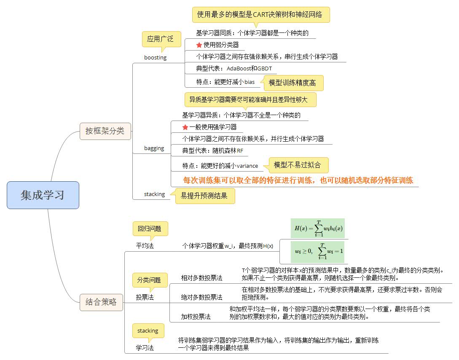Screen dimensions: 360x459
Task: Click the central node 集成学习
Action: pyautogui.click(x=43, y=195)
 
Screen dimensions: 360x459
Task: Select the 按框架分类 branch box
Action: pyautogui.click(x=105, y=131)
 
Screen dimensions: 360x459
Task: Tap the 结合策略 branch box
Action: pyautogui.click(x=101, y=302)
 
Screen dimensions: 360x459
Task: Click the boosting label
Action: pyautogui.click(x=155, y=58)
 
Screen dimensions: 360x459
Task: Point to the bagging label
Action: pyautogui.click(x=154, y=148)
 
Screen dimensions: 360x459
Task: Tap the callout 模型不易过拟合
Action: pyautogui.click(x=298, y=165)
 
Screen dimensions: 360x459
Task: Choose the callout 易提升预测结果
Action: pyautogui.click(x=204, y=196)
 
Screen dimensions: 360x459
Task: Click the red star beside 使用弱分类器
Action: pyautogui.click(x=199, y=45)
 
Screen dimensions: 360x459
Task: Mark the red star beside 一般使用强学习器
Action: pyautogui.click(x=185, y=127)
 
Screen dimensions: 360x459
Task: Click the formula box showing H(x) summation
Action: pyautogui.click(x=317, y=228)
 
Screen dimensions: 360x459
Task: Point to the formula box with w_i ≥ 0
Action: pyautogui.click(x=317, y=252)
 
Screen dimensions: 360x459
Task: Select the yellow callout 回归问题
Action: pyautogui.click(x=150, y=229)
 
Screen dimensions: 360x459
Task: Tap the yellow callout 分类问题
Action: pyautogui.click(x=150, y=280)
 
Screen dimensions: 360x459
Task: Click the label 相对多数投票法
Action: pyautogui.click(x=201, y=278)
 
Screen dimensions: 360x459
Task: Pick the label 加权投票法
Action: pyautogui.click(x=196, y=316)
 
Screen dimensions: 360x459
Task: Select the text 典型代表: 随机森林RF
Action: pyautogui.click(x=213, y=150)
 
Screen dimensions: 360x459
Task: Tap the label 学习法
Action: pyautogui.click(x=145, y=348)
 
